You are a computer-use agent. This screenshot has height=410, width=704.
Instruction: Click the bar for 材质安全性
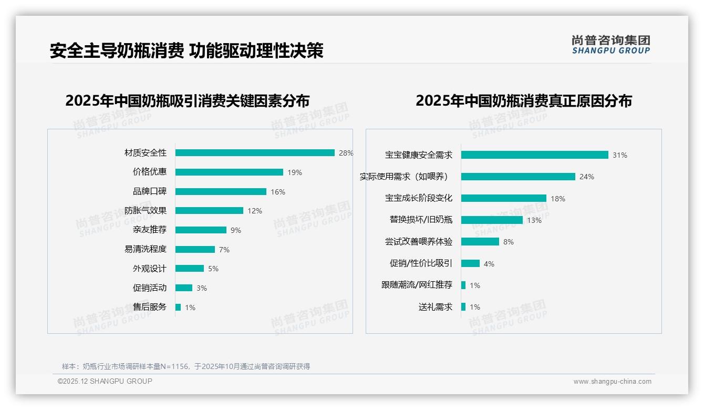click(x=255, y=153)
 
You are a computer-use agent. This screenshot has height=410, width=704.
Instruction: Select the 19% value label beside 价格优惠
click(x=295, y=172)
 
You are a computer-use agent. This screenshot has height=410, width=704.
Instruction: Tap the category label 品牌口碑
click(x=149, y=191)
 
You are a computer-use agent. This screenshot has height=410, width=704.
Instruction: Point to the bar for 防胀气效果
click(x=209, y=211)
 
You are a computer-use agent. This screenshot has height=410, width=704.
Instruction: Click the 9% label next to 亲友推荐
click(x=236, y=230)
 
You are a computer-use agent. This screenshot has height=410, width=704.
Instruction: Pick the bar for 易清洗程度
click(x=195, y=249)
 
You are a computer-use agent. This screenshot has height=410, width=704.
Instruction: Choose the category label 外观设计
click(x=149, y=269)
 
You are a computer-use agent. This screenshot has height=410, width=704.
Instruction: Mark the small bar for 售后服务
click(x=178, y=307)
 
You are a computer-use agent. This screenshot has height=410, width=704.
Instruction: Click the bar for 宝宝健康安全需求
click(x=535, y=155)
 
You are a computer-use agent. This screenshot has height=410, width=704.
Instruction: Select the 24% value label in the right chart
click(x=587, y=177)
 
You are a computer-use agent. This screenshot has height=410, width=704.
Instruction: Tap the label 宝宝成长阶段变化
click(x=418, y=198)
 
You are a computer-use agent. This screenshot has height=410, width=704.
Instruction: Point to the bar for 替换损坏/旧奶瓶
click(x=492, y=220)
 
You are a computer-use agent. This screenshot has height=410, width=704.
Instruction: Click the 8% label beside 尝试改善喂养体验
click(x=509, y=242)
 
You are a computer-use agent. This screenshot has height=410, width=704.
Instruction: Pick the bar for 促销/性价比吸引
click(x=470, y=263)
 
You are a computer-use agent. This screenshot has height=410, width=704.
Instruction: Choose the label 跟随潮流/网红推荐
click(x=417, y=285)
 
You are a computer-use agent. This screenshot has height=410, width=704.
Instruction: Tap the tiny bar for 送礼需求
click(x=463, y=307)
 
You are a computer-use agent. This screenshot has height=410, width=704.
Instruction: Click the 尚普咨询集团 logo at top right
click(x=611, y=45)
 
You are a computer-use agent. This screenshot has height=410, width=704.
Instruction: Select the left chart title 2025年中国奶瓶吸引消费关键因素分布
click(x=188, y=100)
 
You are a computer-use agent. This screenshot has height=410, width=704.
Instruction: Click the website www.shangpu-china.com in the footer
click(x=612, y=382)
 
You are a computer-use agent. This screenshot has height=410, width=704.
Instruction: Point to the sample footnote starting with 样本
click(x=186, y=366)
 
